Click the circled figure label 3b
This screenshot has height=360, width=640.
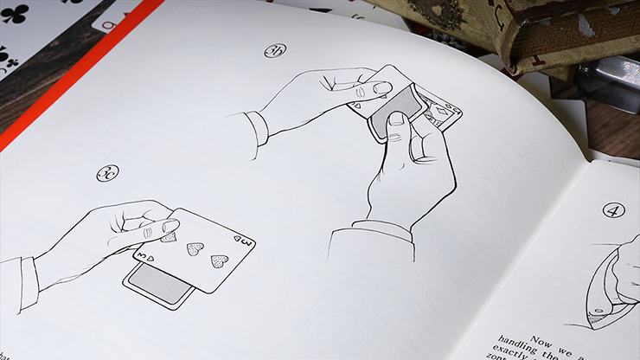pos(275,51)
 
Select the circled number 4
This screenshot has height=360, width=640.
pos(613,209)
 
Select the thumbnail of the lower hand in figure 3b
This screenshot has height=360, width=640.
pos(395,118)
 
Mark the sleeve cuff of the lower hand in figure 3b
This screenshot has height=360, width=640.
pos(373,232)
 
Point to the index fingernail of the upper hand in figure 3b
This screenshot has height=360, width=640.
pos(381,87)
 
